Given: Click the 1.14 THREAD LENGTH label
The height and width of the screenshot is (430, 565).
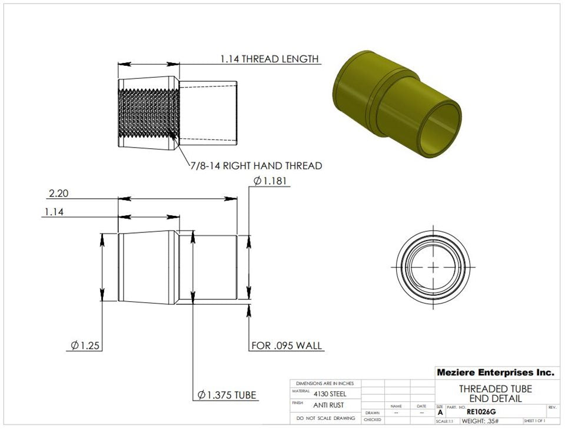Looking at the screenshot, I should pyautogui.click(x=270, y=59).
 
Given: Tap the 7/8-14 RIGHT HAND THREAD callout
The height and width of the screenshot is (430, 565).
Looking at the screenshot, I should pyautogui.click(x=256, y=166).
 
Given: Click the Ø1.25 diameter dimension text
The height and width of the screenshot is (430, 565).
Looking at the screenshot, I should pyautogui.click(x=83, y=345).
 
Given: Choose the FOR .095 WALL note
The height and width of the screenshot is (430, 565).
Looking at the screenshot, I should pyautogui.click(x=287, y=345).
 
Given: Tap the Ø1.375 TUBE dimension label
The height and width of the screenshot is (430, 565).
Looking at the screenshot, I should pyautogui.click(x=227, y=395).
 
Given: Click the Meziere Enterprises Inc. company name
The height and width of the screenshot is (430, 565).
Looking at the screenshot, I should pyautogui.click(x=495, y=372).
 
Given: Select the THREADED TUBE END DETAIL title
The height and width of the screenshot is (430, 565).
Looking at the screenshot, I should pyautogui.click(x=495, y=394).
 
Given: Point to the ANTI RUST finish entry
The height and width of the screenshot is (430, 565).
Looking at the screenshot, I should pyautogui.click(x=329, y=405).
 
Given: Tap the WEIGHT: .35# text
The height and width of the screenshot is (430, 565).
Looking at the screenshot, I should pyautogui.click(x=480, y=421).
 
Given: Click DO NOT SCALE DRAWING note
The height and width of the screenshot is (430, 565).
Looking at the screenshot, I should pyautogui.click(x=325, y=418).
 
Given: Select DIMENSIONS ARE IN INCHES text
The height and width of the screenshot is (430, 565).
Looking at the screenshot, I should pyautogui.click(x=325, y=383).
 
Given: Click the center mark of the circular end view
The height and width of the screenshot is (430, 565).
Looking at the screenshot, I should pyautogui.click(x=434, y=266).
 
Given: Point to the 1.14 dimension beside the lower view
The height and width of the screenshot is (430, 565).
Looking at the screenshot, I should pyautogui.click(x=54, y=212).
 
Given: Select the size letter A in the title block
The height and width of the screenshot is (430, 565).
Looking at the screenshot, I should pyautogui.click(x=440, y=413).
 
